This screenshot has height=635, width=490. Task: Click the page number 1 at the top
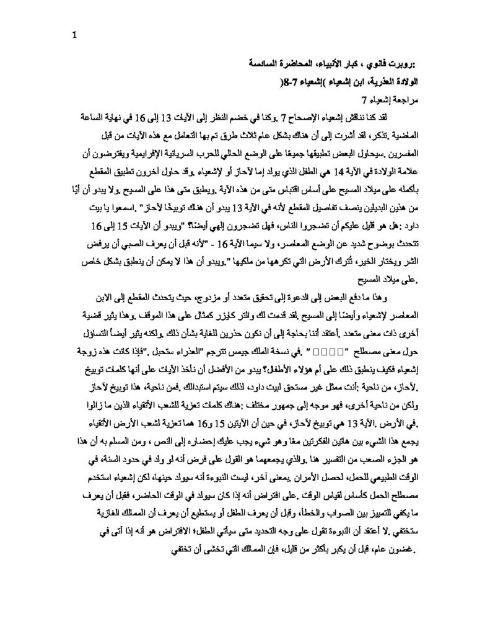(74, 35)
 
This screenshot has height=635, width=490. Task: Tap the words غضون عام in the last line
(390, 549)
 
